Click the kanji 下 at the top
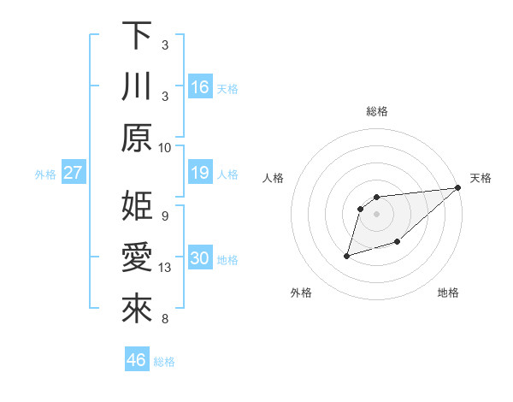pyautogui.click(x=137, y=36)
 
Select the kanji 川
pyautogui.click(x=137, y=87)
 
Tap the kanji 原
pyautogui.click(x=137, y=138)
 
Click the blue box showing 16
pyautogui.click(x=200, y=87)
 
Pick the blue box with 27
pyautogui.click(x=73, y=174)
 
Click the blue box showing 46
pyautogui.click(x=137, y=360)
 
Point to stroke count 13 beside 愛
pyautogui.click(x=166, y=268)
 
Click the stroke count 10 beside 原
pyautogui.click(x=165, y=147)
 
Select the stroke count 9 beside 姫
pyautogui.click(x=164, y=216)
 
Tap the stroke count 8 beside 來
pyautogui.click(x=164, y=320)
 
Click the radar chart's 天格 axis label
pyautogui.click(x=481, y=178)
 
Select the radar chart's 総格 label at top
pyautogui.click(x=377, y=111)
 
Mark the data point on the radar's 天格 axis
pyautogui.click(x=459, y=188)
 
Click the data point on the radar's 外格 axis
pyautogui.click(x=347, y=255)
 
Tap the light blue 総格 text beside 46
pyautogui.click(x=164, y=362)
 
